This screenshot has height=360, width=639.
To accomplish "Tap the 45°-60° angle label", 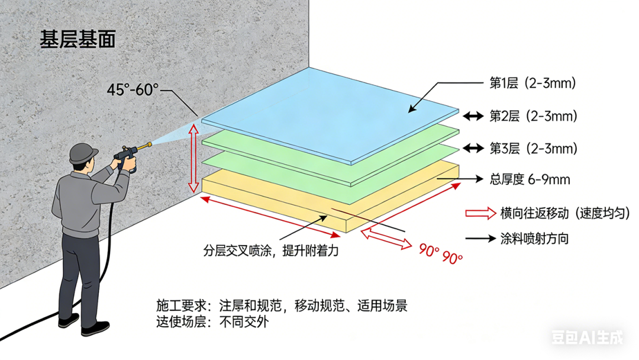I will click(133, 90).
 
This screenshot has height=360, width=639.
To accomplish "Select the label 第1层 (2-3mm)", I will click(532, 83).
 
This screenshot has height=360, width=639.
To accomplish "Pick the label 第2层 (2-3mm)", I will click(532, 116).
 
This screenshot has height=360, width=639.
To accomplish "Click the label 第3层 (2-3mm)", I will click(532, 147).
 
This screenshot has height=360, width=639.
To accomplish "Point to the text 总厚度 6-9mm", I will click(530, 179).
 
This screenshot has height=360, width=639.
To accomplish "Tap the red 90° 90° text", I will click(441, 253).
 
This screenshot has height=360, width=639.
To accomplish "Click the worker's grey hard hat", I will click(83, 154).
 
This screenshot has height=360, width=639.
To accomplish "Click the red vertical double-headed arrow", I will click(193, 155).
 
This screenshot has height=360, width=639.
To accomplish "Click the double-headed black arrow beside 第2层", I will click(473, 117).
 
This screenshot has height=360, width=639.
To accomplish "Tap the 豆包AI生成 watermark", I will click(587, 338).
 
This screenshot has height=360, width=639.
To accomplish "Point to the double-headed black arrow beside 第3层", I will click(473, 148).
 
